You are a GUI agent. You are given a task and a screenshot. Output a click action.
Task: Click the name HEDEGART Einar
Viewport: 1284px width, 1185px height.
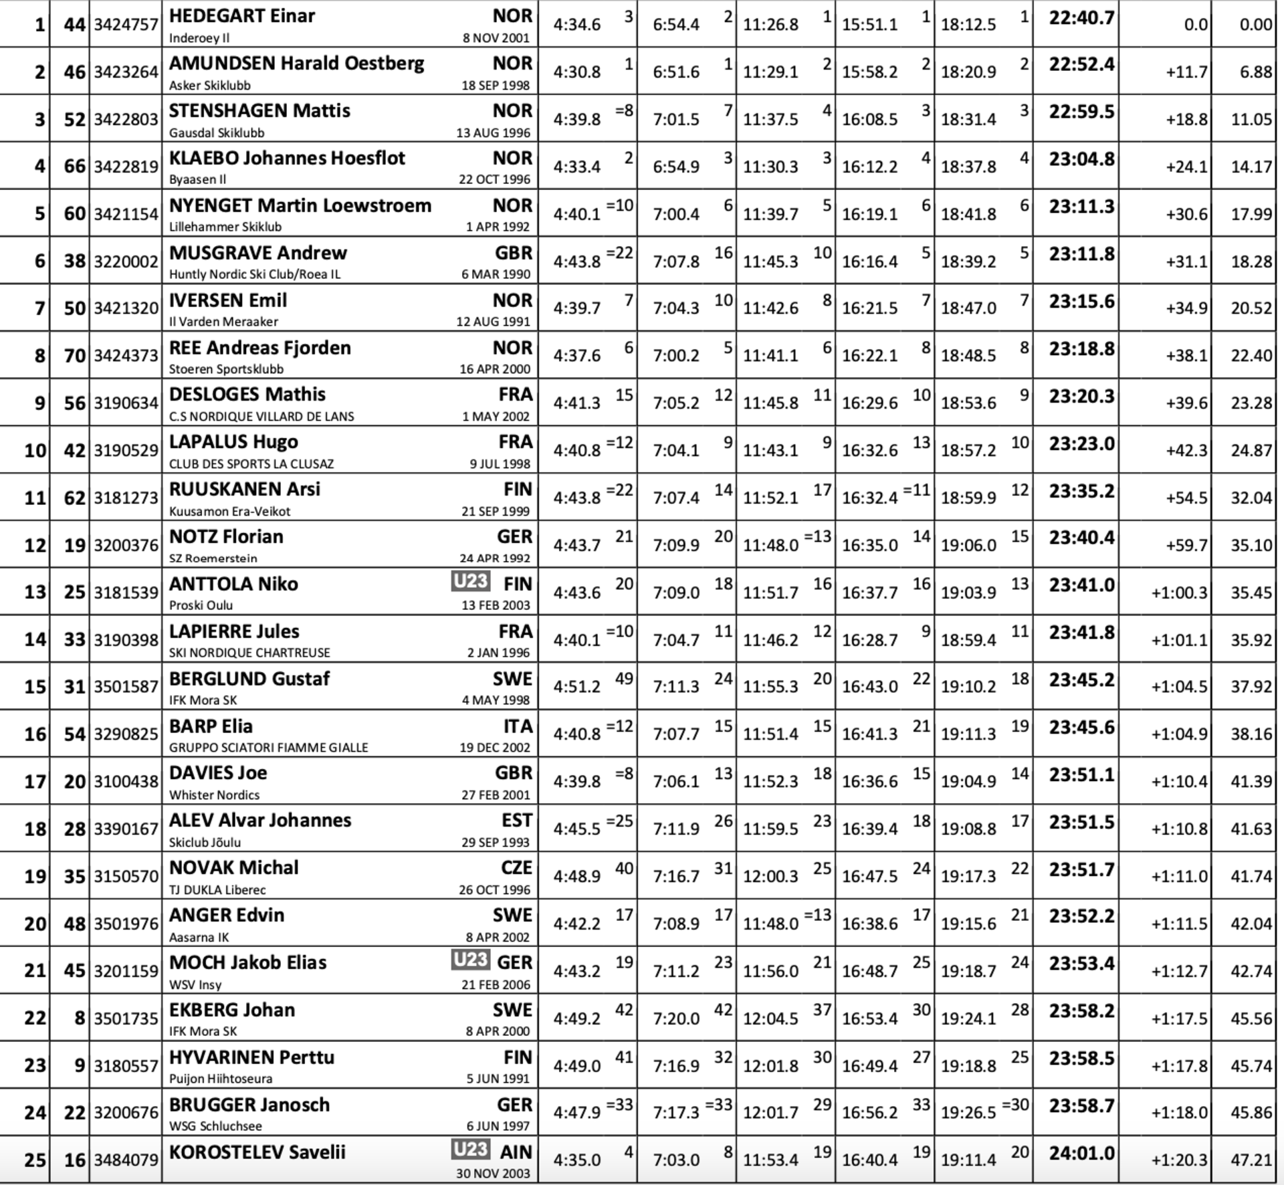coord(241,15)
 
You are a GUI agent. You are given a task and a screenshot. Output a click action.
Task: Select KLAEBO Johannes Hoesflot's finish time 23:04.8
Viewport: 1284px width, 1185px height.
coord(1081,159)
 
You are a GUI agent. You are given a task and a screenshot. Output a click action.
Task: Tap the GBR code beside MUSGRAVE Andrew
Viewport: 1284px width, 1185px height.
coord(514,253)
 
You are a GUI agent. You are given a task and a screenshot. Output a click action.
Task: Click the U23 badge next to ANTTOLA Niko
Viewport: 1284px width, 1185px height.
coord(470,582)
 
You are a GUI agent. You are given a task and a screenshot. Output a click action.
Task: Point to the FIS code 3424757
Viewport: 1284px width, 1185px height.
coord(126,25)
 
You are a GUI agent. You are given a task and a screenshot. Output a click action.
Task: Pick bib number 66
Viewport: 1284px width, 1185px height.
coord(74,166)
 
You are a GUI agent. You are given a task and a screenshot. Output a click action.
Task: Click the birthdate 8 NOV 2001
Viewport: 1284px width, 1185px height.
coord(496,38)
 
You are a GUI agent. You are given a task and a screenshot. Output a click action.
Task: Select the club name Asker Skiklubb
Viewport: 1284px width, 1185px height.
coord(209,86)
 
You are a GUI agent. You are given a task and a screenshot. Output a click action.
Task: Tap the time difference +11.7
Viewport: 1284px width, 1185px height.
coord(1186,72)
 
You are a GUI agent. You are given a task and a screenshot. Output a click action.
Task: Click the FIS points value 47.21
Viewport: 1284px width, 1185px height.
coord(1251,1160)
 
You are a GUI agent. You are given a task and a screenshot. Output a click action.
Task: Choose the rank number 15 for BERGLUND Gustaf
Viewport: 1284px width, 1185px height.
coord(35,687)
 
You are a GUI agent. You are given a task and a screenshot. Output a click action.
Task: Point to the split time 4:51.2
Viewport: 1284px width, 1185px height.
coord(576,687)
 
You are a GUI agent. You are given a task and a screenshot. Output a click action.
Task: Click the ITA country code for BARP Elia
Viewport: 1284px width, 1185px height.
coord(518,726)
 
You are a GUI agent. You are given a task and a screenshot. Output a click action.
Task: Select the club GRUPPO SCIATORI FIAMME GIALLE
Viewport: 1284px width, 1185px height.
coord(268,748)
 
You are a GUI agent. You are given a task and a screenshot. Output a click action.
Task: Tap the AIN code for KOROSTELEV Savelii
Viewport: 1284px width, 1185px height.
coord(516,1152)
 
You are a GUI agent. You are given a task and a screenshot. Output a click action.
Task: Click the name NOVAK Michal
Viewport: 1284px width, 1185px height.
coord(233,868)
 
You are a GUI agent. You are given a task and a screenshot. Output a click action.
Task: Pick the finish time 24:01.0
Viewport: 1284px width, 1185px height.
coord(1081,1154)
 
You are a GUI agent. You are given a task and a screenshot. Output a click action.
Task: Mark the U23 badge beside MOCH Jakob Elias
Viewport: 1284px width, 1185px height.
coord(470,960)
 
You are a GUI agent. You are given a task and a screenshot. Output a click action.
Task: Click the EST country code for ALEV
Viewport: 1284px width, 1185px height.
coord(516,821)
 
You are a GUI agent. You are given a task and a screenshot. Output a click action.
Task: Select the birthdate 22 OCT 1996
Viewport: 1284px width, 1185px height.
coord(494,180)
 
